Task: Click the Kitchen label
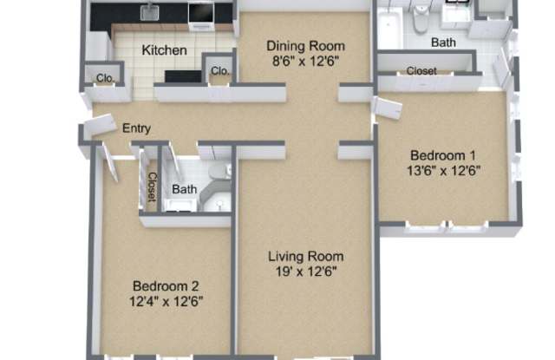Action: point(164,50)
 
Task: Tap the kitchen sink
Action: point(150,12)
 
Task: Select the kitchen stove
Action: point(201,16)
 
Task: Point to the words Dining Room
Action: point(305,46)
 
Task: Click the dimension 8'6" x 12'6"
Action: point(305,62)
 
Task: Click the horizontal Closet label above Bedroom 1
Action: point(421,71)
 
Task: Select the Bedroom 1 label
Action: point(443,155)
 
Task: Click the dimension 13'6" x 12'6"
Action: point(443,171)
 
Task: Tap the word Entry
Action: point(136,128)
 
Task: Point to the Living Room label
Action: point(306,256)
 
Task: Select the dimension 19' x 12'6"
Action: point(306,272)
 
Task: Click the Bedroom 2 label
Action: point(166,286)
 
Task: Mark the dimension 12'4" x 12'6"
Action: point(166,302)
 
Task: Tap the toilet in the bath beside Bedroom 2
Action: point(219,172)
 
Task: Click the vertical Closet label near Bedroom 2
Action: point(152,187)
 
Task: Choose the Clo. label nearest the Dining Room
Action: point(219,71)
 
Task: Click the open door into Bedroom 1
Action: point(388,107)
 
